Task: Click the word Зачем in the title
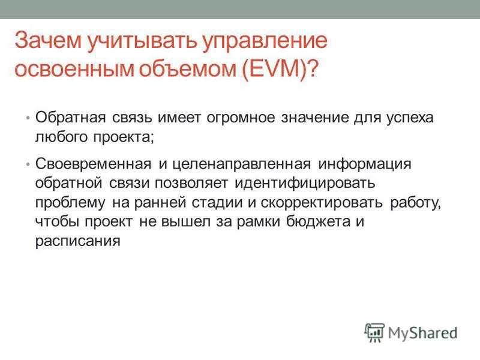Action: pyautogui.click(x=48, y=40)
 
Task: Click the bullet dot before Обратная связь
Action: pyautogui.click(x=28, y=118)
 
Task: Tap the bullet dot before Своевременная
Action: pyautogui.click(x=28, y=164)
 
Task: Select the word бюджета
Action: pyautogui.click(x=319, y=221)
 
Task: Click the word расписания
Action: pyautogui.click(x=78, y=242)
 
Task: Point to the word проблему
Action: pyautogui.click(x=70, y=203)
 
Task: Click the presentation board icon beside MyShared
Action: pyautogui.click(x=374, y=332)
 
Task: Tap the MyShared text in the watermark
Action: pyautogui.click(x=423, y=333)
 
